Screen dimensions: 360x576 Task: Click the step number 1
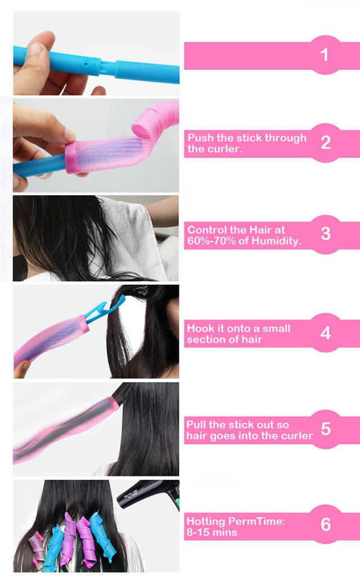[x=324, y=55]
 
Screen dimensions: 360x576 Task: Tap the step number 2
[x=326, y=142]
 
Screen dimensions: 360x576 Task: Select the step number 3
[x=326, y=233]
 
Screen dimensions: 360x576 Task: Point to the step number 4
[x=326, y=333]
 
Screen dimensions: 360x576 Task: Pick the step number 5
[x=326, y=429]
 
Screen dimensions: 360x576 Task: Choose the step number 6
[x=326, y=524]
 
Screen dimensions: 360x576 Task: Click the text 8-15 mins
[x=211, y=532]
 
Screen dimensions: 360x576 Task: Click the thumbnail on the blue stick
[x=36, y=49]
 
